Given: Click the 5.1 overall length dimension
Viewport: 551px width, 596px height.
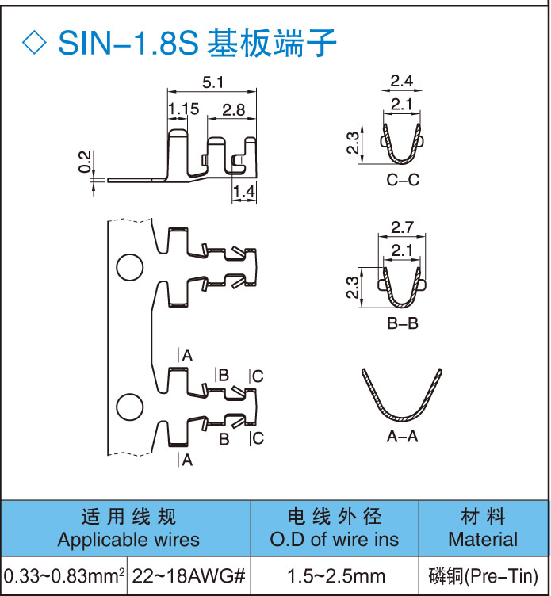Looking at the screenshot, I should click(214, 82).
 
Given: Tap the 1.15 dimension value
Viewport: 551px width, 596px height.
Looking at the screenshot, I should click(183, 109).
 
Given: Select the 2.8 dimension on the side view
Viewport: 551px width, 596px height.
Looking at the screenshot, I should click(233, 109).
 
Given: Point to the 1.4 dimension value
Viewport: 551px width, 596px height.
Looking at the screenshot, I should click(244, 190).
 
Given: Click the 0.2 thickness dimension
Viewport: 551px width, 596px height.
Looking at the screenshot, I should click(85, 161).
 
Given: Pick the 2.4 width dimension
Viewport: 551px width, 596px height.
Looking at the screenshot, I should click(402, 80).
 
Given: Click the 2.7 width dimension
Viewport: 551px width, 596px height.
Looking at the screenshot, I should click(402, 228).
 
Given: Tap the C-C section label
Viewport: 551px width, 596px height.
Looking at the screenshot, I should click(403, 180).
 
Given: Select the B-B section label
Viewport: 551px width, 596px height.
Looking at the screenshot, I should click(403, 323).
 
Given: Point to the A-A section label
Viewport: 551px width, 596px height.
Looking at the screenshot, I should click(403, 437).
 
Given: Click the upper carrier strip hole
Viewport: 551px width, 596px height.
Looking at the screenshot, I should click(128, 268).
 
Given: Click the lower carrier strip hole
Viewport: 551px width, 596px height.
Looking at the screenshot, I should click(128, 407).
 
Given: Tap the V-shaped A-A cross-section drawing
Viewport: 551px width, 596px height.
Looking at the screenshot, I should click(402, 396).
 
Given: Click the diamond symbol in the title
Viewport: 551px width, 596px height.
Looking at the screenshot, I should click(35, 42).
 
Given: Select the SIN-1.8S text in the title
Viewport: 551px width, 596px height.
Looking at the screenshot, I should click(127, 42).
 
